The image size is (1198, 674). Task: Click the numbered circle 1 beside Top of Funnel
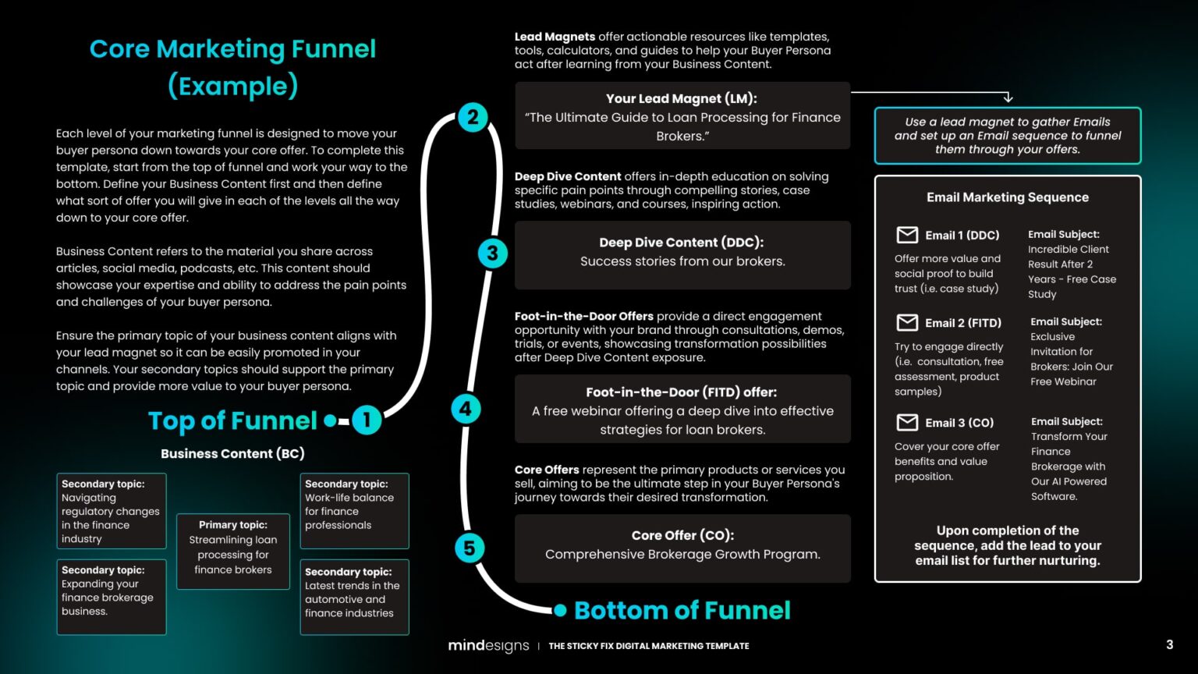pos(366,420)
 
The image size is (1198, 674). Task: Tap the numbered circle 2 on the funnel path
pos(473,118)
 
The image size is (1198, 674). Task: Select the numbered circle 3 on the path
pos(492,253)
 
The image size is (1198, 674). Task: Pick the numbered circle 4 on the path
pos(466,408)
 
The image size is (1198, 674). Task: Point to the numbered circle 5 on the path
pos(469,548)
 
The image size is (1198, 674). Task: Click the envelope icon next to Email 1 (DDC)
pos(907,235)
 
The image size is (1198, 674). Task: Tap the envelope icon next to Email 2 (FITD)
pos(907,322)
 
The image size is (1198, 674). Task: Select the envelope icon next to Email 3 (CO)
pos(907,422)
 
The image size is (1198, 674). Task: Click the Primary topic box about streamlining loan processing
pos(233,551)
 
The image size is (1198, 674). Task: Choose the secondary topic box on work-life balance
pos(354,510)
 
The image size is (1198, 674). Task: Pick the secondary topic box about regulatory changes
pos(111,510)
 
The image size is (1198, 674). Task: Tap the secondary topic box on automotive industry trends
pos(354,597)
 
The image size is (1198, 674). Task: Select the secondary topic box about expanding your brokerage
pos(111,597)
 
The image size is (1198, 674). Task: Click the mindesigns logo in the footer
pos(488,645)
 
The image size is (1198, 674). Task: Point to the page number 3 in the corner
pos(1169,644)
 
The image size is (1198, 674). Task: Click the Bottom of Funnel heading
pos(682,610)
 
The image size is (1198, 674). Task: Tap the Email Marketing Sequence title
pos(1007,197)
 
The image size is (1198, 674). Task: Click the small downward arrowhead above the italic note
pos(1008,98)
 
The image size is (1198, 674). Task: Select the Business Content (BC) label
pos(232,453)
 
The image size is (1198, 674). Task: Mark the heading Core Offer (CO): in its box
pos(682,535)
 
